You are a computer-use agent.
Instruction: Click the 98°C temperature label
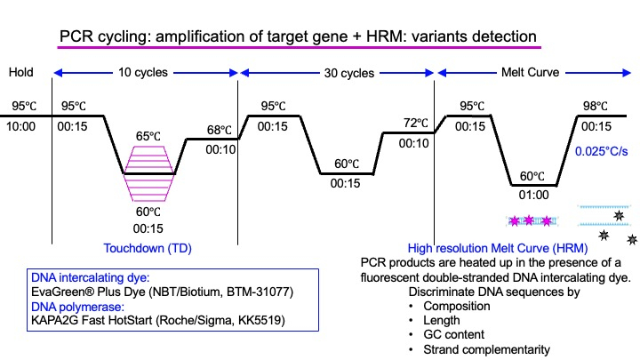[595, 106]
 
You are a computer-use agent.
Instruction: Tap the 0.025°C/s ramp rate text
[601, 151]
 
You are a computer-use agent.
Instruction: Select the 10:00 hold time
[20, 126]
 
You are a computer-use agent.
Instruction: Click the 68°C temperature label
[220, 130]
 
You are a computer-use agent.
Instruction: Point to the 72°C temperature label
[416, 123]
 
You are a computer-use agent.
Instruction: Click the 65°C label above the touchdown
[148, 136]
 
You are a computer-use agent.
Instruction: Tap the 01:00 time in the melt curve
[533, 195]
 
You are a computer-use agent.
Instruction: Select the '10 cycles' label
[143, 72]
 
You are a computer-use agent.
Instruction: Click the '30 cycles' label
[349, 73]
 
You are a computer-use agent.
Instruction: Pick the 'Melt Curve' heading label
[530, 72]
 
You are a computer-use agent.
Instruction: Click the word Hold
[20, 72]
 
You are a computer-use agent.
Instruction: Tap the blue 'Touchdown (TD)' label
[148, 248]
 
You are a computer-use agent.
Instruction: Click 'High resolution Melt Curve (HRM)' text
[498, 248]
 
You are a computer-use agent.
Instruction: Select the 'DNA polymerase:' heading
[77, 307]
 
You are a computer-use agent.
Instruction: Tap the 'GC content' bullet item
[453, 335]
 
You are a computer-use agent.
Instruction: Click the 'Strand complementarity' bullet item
[486, 349]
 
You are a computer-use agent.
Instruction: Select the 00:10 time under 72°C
[414, 143]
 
